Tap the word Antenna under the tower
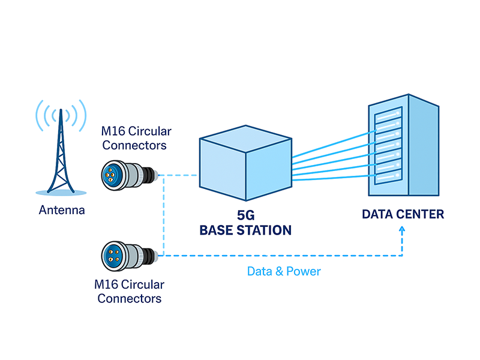point(62,211)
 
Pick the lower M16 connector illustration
point(129,254)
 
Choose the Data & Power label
point(284,272)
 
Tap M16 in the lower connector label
point(107,285)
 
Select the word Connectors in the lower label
point(130,298)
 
